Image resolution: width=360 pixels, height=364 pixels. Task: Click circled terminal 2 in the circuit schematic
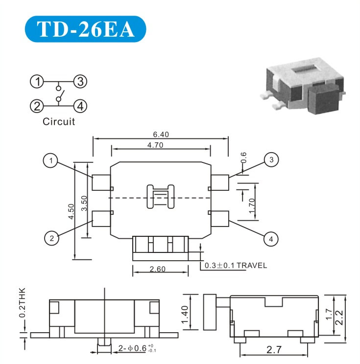[x=36, y=105]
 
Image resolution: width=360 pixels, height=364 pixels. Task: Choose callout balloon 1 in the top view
[x=50, y=160]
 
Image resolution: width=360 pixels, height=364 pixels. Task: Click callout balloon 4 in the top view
[x=270, y=239]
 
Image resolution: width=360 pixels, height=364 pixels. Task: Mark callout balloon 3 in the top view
[x=270, y=159]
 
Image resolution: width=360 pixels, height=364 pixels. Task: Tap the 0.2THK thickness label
[x=22, y=303]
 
